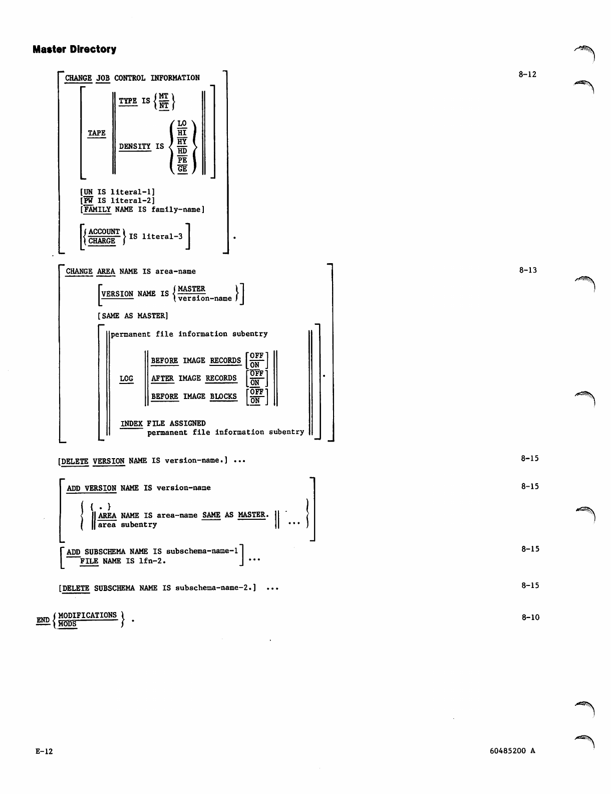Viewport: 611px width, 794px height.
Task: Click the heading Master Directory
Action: point(74,49)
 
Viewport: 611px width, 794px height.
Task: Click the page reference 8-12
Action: point(527,75)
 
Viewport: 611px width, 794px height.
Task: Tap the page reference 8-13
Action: point(528,270)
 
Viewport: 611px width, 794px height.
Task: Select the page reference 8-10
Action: point(530,618)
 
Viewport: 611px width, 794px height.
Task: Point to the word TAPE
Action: point(97,133)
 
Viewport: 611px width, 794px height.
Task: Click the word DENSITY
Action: point(135,146)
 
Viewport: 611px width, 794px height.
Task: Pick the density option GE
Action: point(182,169)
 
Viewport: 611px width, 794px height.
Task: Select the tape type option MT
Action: point(164,96)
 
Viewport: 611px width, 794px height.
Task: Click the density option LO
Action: point(182,123)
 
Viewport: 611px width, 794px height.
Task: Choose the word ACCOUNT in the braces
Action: point(104,232)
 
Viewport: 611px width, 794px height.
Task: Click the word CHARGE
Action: point(102,241)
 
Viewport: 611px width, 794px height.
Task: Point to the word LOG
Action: point(126,378)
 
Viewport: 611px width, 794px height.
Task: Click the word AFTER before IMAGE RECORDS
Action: point(162,378)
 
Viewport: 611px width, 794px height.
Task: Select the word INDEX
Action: point(132,424)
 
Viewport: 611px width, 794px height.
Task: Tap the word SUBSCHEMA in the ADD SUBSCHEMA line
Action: point(105,551)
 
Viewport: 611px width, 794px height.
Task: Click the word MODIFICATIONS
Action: point(88,615)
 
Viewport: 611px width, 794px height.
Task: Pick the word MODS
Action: point(68,624)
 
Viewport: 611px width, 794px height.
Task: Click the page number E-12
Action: point(44,751)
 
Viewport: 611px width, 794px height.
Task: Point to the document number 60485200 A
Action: point(512,751)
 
